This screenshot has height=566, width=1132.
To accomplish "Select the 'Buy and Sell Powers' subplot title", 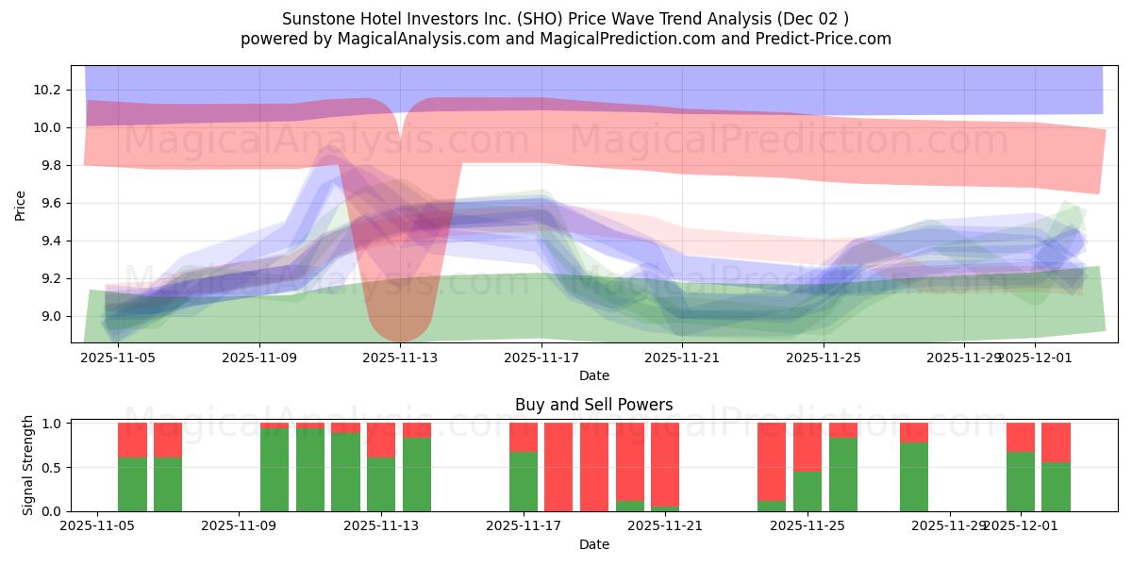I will tap(593, 405).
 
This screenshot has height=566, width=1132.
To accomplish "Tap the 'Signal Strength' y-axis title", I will tap(28, 465).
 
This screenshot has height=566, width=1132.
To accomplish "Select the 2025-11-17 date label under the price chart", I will tap(541, 358).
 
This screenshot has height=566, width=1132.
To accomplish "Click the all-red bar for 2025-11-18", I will tap(558, 467).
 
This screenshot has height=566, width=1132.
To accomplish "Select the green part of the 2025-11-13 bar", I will tap(381, 484).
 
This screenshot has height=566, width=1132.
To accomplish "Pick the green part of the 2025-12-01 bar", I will tap(1021, 481).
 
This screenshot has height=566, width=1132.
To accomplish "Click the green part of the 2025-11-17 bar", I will tap(524, 481).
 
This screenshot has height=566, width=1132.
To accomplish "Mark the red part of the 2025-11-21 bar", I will tap(665, 462).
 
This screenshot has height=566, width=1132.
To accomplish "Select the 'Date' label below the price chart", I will tap(593, 375).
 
